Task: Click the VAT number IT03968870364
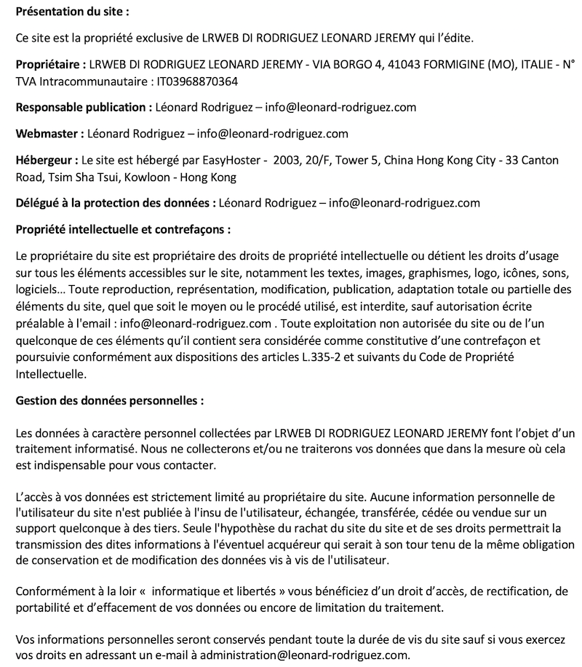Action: pos(197,81)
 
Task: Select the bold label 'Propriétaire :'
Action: pos(50,64)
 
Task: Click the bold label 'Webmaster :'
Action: pos(49,133)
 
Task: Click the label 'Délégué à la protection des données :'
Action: pos(116,203)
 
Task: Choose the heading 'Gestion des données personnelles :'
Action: pos(110,401)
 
